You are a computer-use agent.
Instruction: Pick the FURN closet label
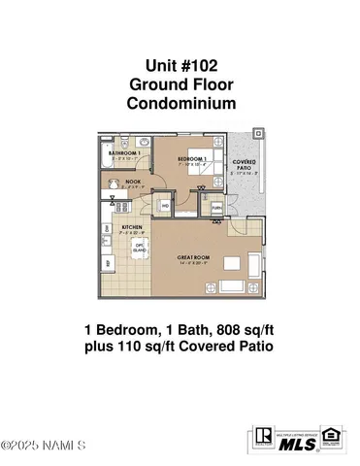click(216, 207)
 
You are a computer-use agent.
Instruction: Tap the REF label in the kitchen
click(106, 263)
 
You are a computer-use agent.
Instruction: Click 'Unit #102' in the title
click(180, 65)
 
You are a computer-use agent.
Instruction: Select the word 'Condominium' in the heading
click(180, 102)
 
